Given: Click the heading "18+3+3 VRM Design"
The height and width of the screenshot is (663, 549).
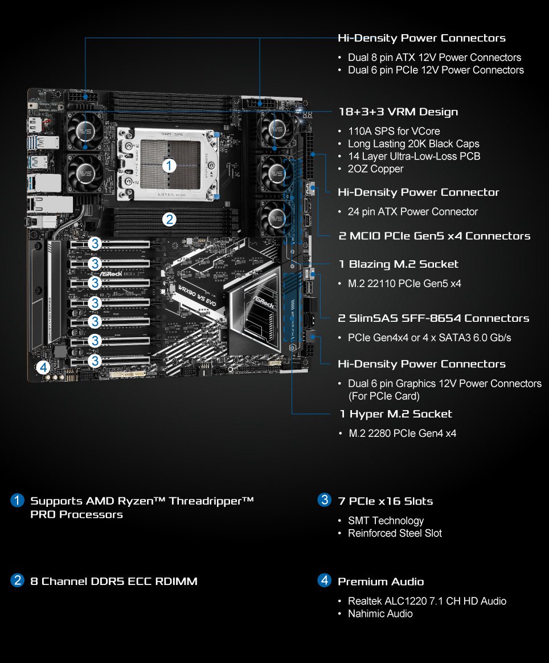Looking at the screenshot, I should pyautogui.click(x=398, y=112).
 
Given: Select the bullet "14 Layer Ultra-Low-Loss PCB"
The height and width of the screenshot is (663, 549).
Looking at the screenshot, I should pyautogui.click(x=414, y=156).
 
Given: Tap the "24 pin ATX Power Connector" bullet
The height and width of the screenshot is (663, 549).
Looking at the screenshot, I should pyautogui.click(x=413, y=211).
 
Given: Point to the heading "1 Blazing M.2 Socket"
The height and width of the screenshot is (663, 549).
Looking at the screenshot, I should pyautogui.click(x=398, y=264).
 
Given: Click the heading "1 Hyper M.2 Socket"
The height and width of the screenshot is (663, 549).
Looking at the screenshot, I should pyautogui.click(x=395, y=414).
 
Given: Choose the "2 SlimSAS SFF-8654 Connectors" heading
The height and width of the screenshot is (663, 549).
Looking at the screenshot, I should pyautogui.click(x=433, y=318).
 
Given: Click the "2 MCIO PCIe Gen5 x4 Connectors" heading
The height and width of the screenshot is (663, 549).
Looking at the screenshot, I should pyautogui.click(x=434, y=236).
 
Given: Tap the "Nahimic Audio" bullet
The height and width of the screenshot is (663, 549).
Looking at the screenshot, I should pyautogui.click(x=380, y=613).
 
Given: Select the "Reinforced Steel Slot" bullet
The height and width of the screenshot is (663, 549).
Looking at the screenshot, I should pyautogui.click(x=395, y=533).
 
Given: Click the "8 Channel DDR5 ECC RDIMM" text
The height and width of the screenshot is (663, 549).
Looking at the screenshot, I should pyautogui.click(x=114, y=581).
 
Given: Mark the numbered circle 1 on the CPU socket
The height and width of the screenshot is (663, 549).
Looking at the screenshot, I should pyautogui.click(x=169, y=166).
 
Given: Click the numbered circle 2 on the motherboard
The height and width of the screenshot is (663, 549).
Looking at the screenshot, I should pyautogui.click(x=169, y=219).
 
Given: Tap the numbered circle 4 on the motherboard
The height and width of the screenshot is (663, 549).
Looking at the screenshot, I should pyautogui.click(x=44, y=367).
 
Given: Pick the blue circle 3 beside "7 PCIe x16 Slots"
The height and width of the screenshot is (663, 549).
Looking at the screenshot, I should pyautogui.click(x=324, y=501).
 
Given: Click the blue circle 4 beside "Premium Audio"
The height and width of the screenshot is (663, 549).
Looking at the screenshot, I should pyautogui.click(x=324, y=581).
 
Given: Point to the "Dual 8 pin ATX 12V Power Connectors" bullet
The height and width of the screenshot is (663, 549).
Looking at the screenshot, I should pyautogui.click(x=435, y=58).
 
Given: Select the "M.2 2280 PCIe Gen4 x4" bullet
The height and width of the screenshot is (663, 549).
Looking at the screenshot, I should pyautogui.click(x=402, y=433).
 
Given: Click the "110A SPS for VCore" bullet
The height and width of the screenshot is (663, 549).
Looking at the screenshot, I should pyautogui.click(x=394, y=131).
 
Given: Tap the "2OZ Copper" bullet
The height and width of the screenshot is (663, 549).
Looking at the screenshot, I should pyautogui.click(x=375, y=169).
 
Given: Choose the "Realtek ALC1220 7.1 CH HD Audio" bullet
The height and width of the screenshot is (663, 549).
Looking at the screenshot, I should pyautogui.click(x=427, y=601).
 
